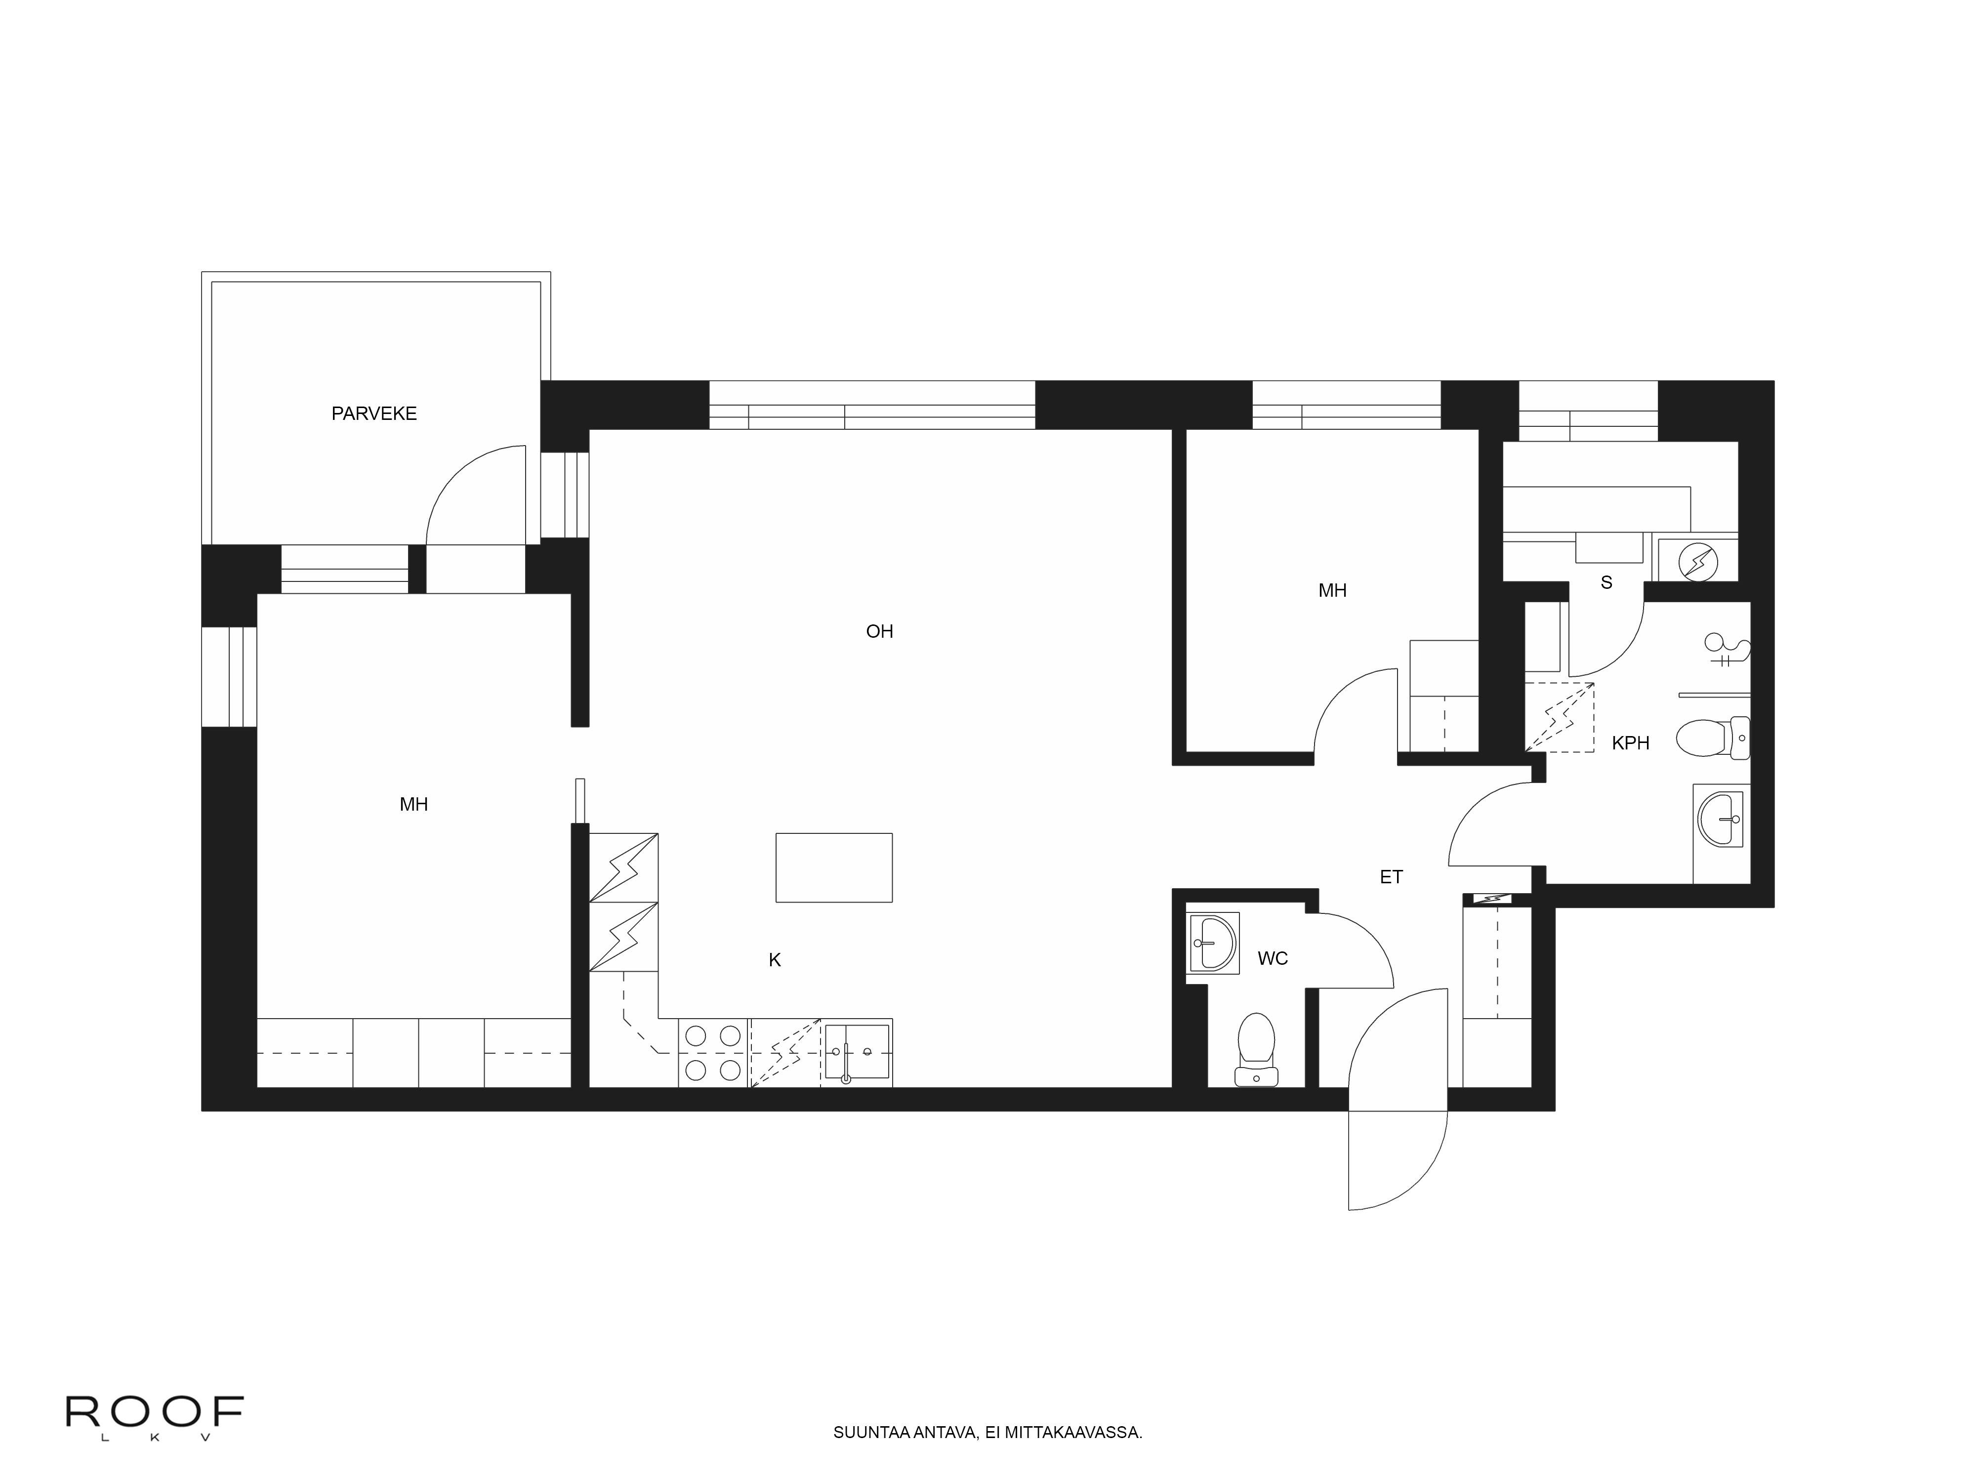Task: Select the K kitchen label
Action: pos(775,960)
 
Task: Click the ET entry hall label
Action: pos(1391,877)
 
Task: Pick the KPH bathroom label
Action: pos(1630,742)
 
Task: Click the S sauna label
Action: pos(1606,582)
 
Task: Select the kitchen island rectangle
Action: pos(833,867)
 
